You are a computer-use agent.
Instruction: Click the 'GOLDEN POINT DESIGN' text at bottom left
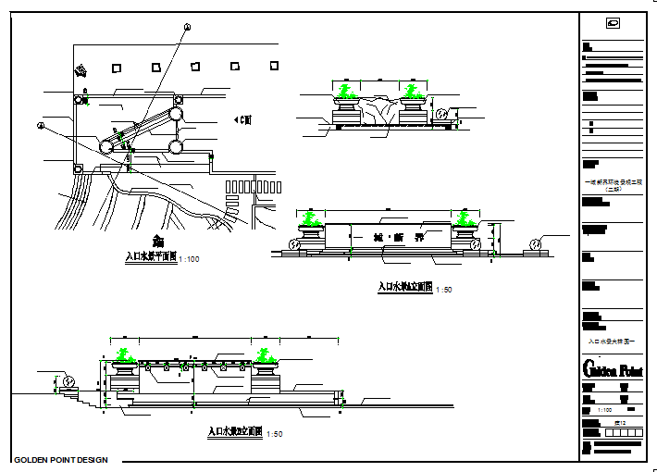pos(61,460)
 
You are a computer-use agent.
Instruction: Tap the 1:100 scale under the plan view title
pos(189,260)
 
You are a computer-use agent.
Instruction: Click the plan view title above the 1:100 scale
pos(151,258)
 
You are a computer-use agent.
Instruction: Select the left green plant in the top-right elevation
pos(347,91)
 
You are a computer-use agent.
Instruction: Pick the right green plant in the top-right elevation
pos(413,91)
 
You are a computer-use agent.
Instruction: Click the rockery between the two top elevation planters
pos(380,109)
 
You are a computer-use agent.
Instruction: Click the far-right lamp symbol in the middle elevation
pos(534,244)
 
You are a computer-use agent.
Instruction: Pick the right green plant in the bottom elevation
pos(265,355)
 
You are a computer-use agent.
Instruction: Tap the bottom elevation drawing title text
pos(235,432)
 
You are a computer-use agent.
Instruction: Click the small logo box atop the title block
pos(612,24)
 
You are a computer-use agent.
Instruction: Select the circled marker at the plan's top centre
pos(186,29)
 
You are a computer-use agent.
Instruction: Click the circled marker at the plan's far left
pos(40,125)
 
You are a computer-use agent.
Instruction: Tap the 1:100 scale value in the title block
pos(604,409)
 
